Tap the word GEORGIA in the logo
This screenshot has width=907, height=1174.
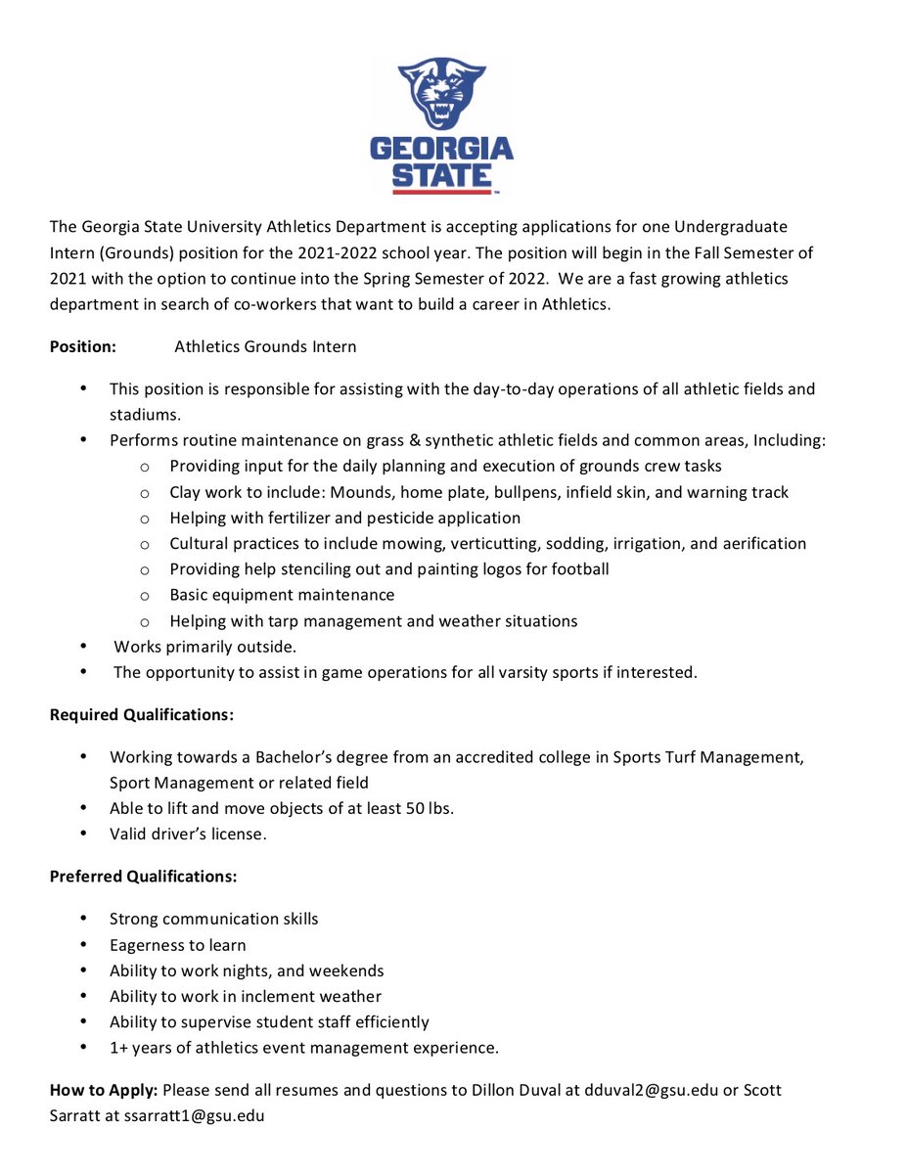coord(441,150)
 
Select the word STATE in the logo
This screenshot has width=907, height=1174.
coord(441,176)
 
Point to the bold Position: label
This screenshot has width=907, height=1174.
coord(83,346)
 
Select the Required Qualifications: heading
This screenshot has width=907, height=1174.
coord(142,715)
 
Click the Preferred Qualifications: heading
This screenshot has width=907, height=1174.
coord(143,876)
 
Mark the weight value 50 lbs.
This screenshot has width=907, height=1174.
coord(429,808)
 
